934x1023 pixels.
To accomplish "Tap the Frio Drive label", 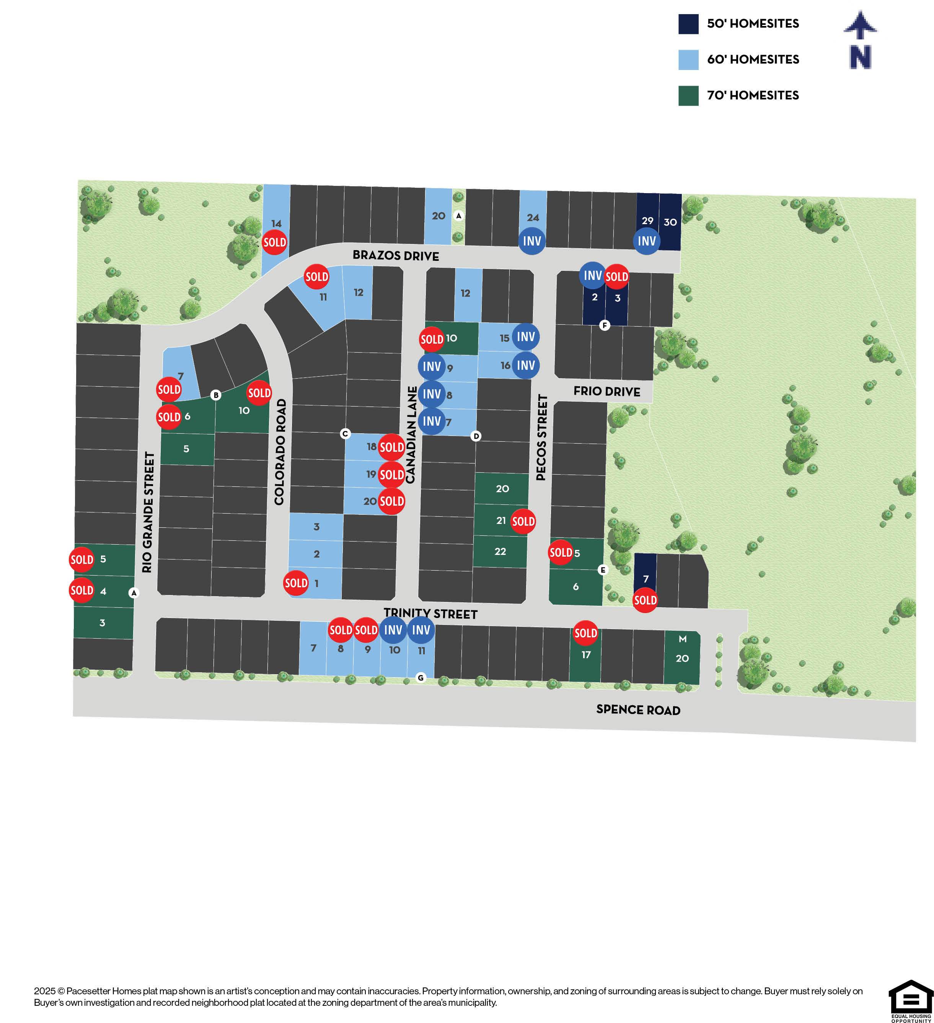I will pyautogui.click(x=606, y=391).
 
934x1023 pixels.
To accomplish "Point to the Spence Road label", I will pyautogui.click(x=638, y=709).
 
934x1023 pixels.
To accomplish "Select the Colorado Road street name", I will pyautogui.click(x=280, y=452).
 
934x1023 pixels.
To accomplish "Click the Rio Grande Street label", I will pyautogui.click(x=148, y=512).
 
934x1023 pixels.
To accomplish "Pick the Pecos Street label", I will pyautogui.click(x=542, y=437).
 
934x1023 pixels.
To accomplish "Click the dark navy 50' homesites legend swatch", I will pyautogui.click(x=688, y=24).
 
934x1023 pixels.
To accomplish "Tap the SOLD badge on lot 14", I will pyautogui.click(x=275, y=242).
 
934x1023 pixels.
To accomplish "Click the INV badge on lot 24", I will pyautogui.click(x=532, y=241).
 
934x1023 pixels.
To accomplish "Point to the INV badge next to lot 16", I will pyautogui.click(x=526, y=365).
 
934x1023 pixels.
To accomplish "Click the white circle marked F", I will pyautogui.click(x=604, y=325).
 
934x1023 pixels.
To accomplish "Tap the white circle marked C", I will pyautogui.click(x=345, y=433).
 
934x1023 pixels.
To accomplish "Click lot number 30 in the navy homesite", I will pyautogui.click(x=670, y=222).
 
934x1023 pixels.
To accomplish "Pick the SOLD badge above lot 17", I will pyautogui.click(x=585, y=633).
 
